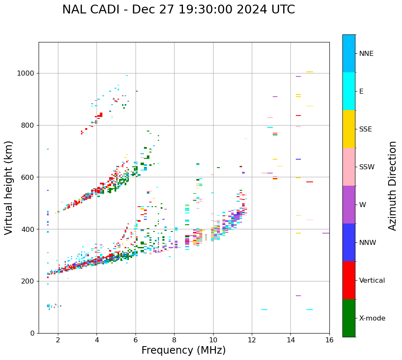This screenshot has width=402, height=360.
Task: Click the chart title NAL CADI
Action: coord(178,10)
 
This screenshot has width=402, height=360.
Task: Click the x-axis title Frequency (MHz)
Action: coord(183,350)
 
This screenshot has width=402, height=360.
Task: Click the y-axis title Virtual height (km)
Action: coord(9,187)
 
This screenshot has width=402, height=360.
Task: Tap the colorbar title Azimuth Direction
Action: coord(392,185)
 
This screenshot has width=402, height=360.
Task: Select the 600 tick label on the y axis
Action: coord(27,177)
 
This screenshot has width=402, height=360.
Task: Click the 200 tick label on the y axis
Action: coord(27,281)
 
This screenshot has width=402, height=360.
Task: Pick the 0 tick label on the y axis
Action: coord(33,333)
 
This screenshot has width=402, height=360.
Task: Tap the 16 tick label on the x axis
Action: coord(329,339)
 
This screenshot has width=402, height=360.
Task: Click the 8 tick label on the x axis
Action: coord(174,339)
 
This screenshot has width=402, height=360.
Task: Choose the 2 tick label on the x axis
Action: coord(58,339)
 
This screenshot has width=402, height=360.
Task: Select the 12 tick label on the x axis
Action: coord(252,339)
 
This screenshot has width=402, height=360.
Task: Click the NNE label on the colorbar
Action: coord(366,54)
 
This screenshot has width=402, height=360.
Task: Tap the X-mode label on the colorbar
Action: coord(372,318)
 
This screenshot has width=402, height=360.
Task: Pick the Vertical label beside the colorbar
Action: coord(372,281)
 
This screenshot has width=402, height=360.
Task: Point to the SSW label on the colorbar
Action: coord(367,167)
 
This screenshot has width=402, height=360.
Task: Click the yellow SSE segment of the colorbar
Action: coord(349,129)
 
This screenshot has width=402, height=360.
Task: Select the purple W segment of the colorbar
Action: coord(349,205)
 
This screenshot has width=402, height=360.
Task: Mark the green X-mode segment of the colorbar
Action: coord(349,318)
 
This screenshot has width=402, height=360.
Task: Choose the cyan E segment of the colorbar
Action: coord(349,91)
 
